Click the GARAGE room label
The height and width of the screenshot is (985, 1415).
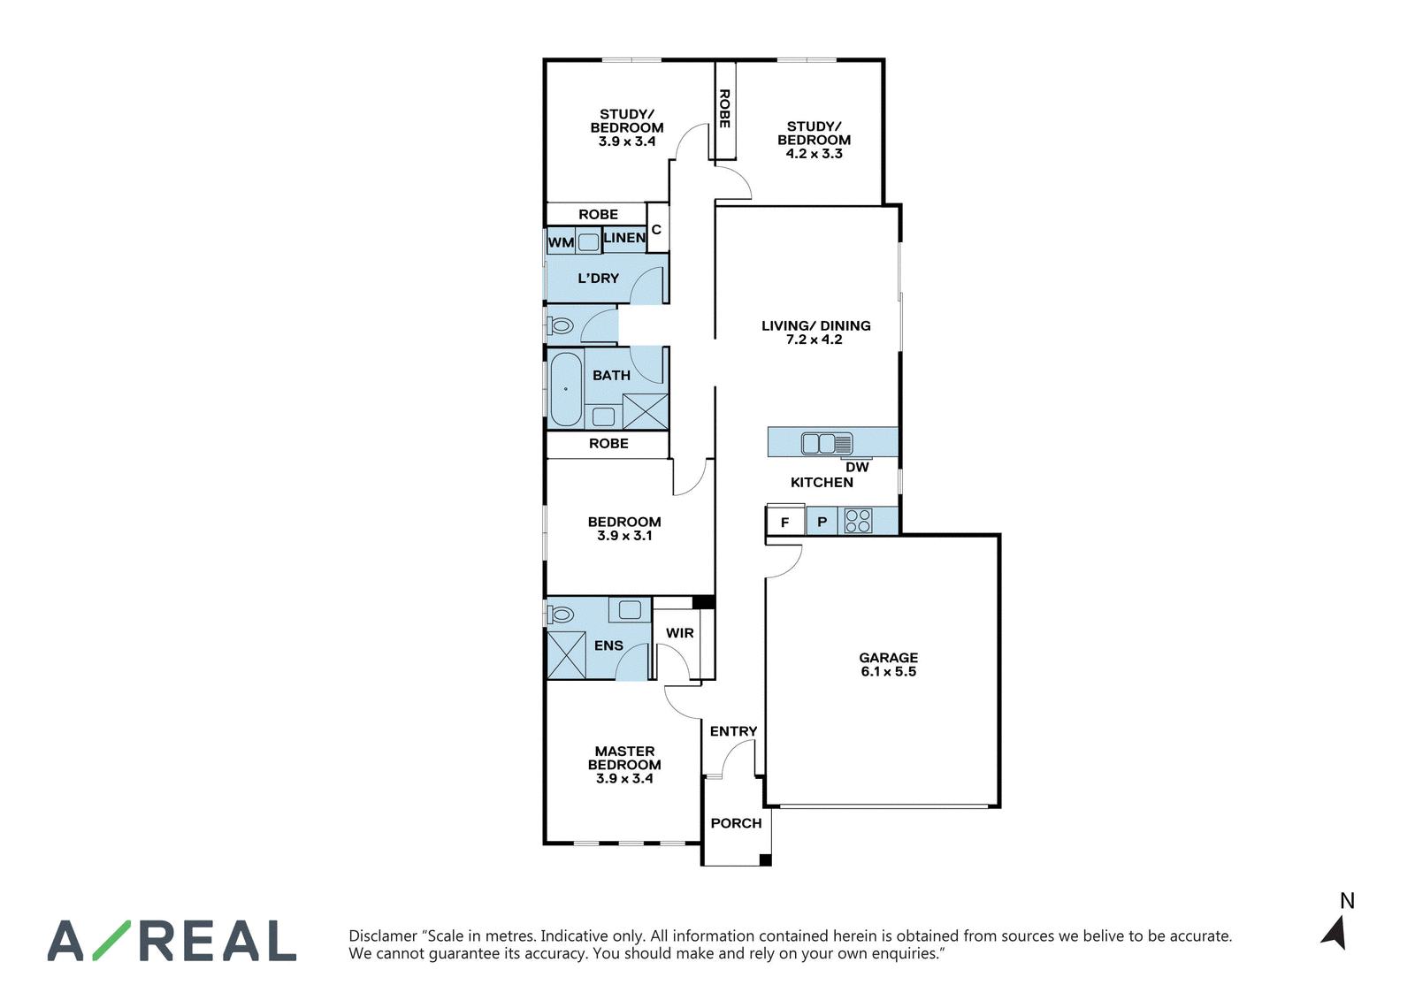coord(888,657)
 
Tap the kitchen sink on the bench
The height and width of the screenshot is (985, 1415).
coord(826,443)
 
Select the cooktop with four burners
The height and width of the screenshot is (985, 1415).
coord(858,521)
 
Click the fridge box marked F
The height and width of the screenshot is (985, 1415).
coord(785,522)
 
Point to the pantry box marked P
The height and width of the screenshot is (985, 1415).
coord(822,522)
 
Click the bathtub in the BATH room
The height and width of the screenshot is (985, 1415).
coord(565,389)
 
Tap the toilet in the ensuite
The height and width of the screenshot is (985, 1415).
coord(561,613)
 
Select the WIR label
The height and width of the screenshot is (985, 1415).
coord(680,633)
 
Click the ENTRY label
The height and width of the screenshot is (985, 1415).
coord(733,731)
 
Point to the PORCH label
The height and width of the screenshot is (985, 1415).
coord(736,823)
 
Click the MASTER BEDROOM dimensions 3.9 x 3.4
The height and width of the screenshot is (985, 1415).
coord(624,778)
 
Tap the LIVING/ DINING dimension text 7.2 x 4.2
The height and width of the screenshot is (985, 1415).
coord(815,340)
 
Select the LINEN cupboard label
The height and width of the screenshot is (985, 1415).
coord(624,238)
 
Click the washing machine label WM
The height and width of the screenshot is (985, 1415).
coord(561,242)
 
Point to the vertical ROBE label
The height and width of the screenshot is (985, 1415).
coord(725,108)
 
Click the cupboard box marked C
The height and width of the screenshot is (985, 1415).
coord(657,229)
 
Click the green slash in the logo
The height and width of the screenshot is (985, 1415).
coord(111,941)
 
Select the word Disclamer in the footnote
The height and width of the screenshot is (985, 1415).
coord(384,935)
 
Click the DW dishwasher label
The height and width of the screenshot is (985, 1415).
coord(857,467)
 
